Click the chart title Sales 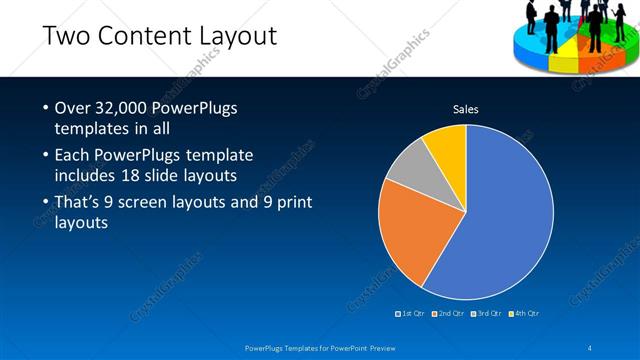[466, 108]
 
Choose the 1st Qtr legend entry [411, 313]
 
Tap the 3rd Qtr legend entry [486, 313]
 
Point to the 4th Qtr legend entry [524, 313]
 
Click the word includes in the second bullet [89, 177]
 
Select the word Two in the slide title [66, 38]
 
